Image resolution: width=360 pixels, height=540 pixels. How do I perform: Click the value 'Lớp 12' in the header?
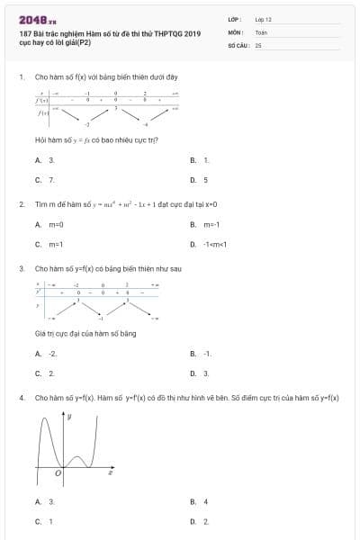pyautogui.click(x=263, y=19)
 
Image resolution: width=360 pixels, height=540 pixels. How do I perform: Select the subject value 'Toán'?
pyautogui.click(x=261, y=31)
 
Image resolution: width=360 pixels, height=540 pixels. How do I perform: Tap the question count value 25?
pyautogui.click(x=257, y=44)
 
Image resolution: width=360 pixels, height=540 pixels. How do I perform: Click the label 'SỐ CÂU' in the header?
pyautogui.click(x=238, y=44)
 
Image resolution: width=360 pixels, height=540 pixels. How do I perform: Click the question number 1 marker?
pyautogui.click(x=21, y=77)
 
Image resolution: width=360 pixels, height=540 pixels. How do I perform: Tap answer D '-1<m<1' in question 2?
pyautogui.click(x=215, y=244)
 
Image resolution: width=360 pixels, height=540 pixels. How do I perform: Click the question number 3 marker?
pyautogui.click(x=21, y=268)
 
